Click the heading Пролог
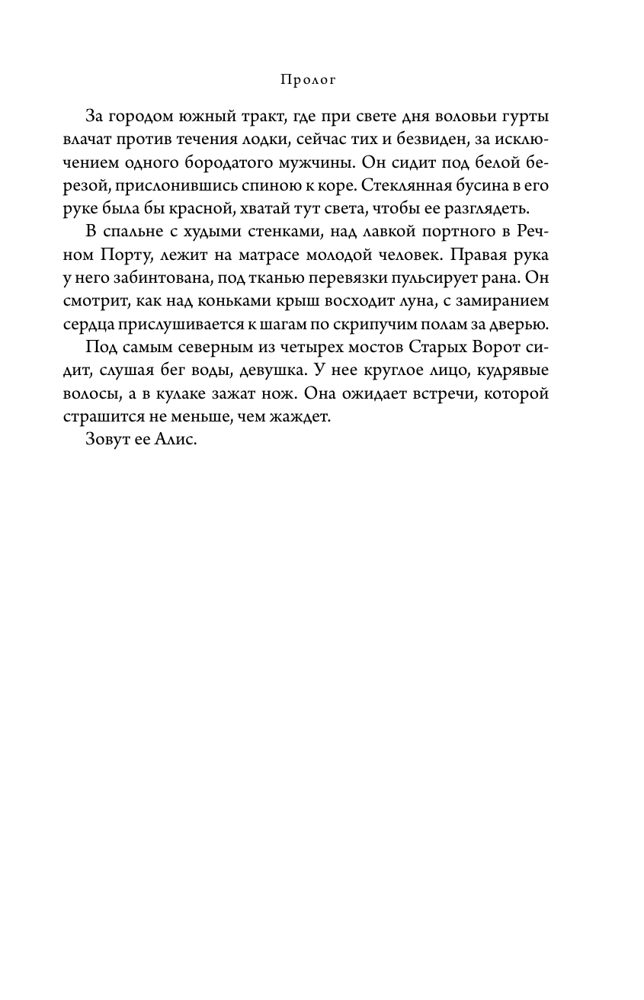[x=309, y=79]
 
